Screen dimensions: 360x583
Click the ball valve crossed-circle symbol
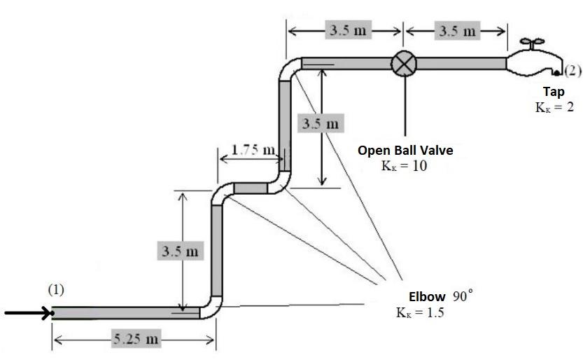pos(404,63)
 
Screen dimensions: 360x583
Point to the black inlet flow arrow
pos(28,312)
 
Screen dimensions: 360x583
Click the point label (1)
pos(57,289)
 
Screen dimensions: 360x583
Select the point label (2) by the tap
pos(573,70)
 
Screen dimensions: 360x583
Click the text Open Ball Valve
pos(405,150)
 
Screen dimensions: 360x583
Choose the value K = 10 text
pos(404,166)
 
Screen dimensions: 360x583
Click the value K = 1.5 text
pos(420,312)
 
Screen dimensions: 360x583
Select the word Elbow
pos(427,296)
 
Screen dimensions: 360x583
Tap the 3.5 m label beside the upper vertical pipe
pos(321,124)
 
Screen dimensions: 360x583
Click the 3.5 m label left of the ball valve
pos(346,31)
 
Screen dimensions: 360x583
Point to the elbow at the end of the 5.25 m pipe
pos(211,307)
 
